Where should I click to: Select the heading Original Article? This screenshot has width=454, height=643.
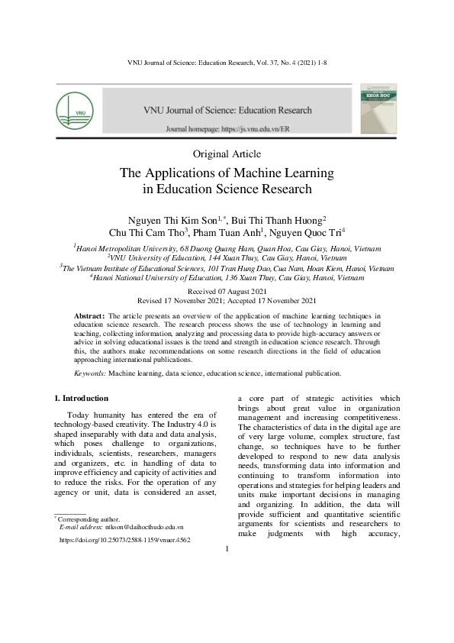pos(227,154)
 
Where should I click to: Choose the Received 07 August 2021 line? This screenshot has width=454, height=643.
pos(227,292)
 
